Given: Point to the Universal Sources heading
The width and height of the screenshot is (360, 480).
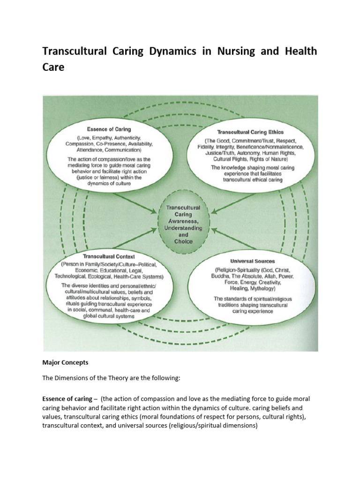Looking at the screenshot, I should point(252,261).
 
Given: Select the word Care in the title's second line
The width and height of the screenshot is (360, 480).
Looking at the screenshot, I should point(53,67).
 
